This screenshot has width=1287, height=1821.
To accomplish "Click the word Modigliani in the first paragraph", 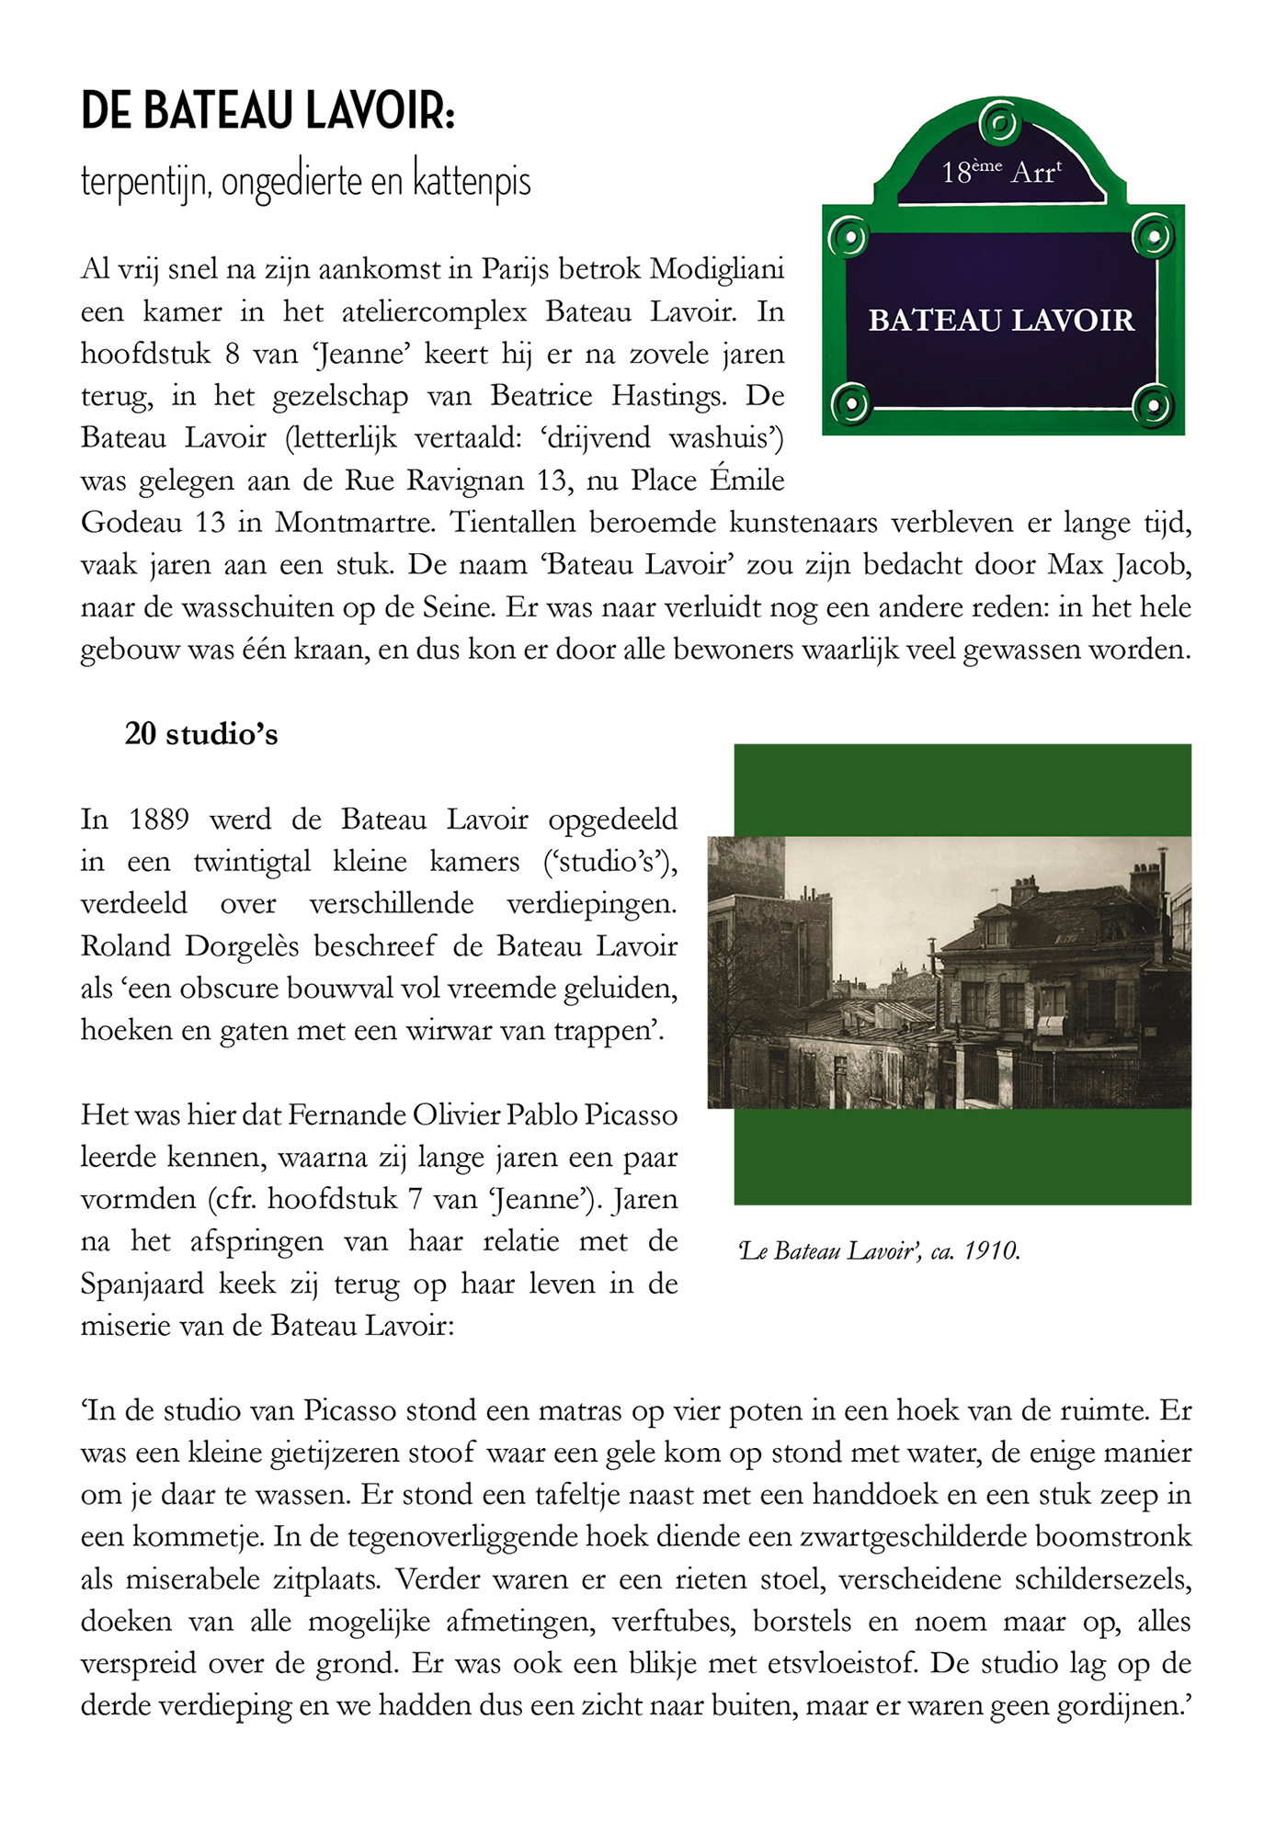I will point(717,270).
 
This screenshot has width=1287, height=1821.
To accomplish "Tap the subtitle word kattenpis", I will point(472,181).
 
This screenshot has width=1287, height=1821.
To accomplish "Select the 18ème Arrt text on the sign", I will point(1001,172).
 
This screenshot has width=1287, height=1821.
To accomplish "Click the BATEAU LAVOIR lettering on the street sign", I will point(1001,321).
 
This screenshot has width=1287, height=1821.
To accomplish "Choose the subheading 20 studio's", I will point(201,734).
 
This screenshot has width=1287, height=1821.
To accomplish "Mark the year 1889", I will point(159,820).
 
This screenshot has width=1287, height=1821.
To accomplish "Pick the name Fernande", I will point(346,1115).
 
